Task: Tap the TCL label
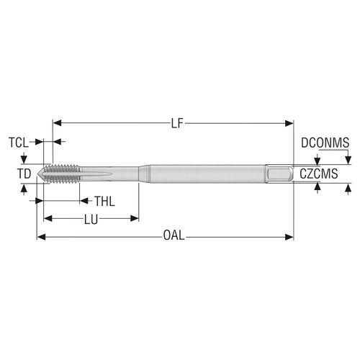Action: [19, 142]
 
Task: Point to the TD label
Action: [24, 174]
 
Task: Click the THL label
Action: [105, 201]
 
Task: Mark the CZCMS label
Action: [320, 174]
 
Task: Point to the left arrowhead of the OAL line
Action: [40, 237]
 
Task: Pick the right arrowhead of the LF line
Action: [290, 123]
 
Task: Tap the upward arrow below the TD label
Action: [24, 189]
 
